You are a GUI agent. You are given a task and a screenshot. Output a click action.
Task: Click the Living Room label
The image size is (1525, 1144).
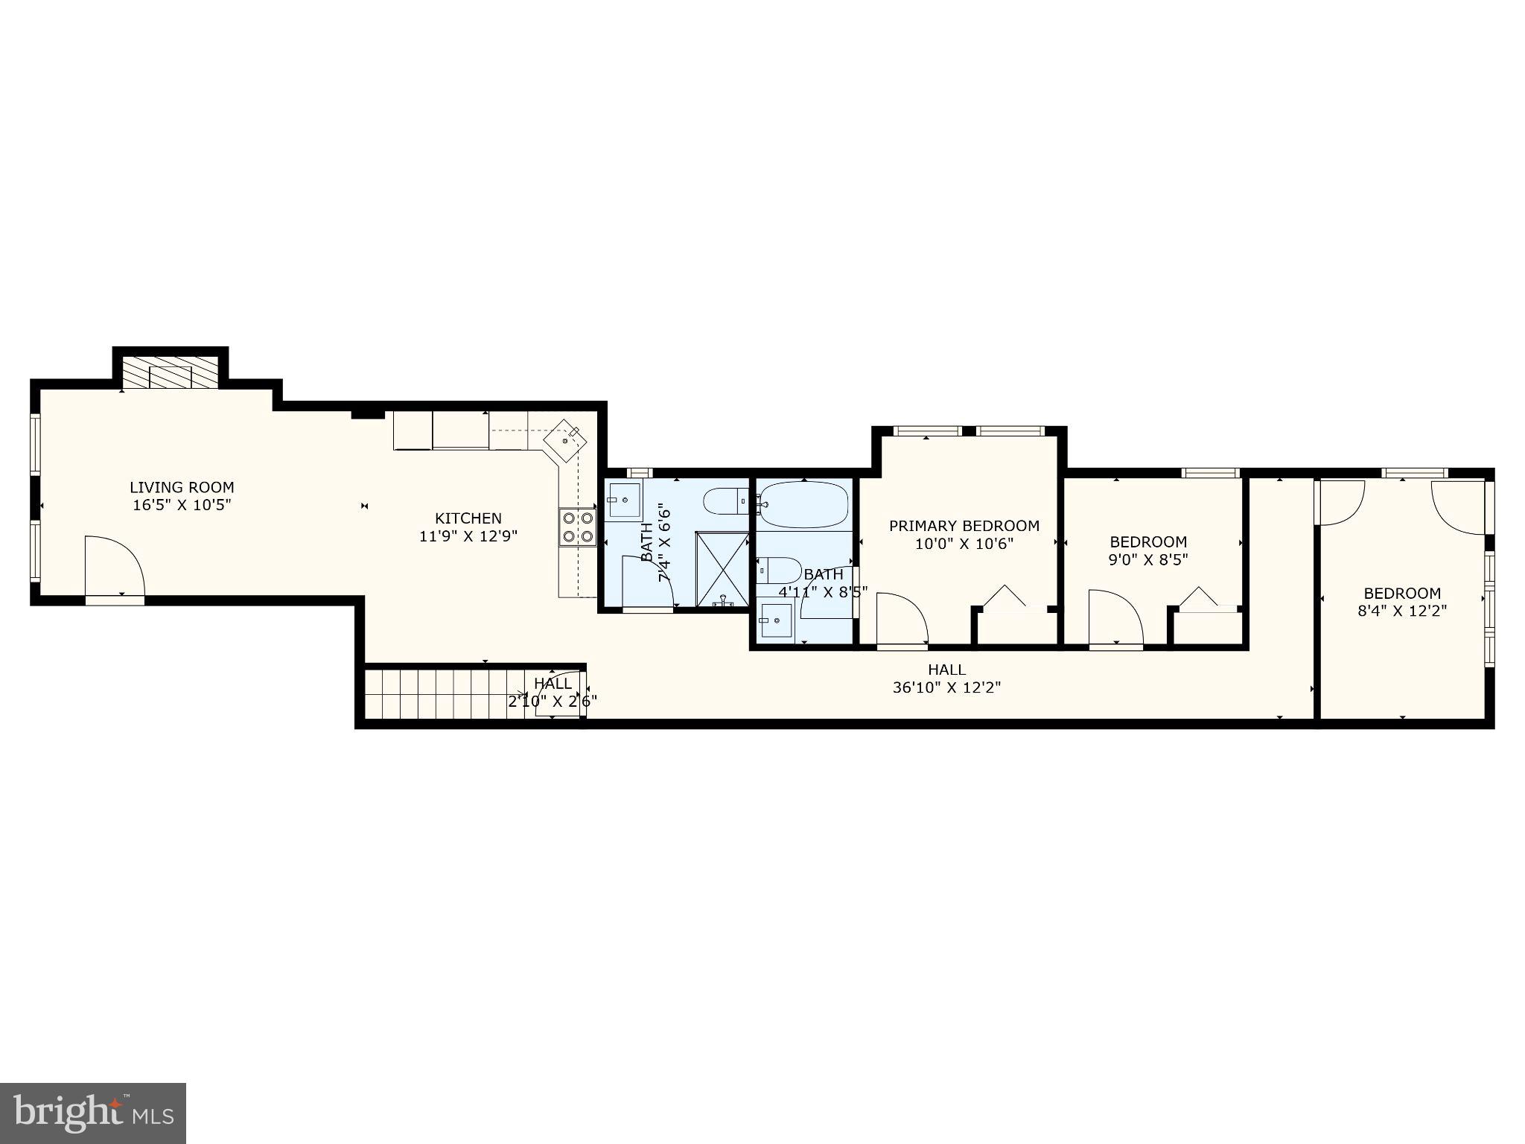click(x=182, y=487)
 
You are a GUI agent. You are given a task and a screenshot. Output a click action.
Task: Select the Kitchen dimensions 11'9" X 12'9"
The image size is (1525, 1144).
click(x=468, y=536)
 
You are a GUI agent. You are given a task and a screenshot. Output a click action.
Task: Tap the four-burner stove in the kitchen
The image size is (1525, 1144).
click(x=578, y=527)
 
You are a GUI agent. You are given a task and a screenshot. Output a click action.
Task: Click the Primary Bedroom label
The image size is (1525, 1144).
click(x=964, y=526)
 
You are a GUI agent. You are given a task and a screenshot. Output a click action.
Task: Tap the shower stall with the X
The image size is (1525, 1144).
click(x=722, y=568)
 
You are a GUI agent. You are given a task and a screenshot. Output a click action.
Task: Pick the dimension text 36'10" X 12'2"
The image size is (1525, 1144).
click(x=946, y=687)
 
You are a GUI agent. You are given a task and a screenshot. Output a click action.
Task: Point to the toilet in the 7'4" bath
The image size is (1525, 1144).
click(x=725, y=501)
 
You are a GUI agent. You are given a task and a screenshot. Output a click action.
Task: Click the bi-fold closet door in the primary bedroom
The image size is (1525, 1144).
click(x=1005, y=598)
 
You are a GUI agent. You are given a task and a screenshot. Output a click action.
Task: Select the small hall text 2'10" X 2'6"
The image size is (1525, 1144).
click(x=553, y=701)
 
